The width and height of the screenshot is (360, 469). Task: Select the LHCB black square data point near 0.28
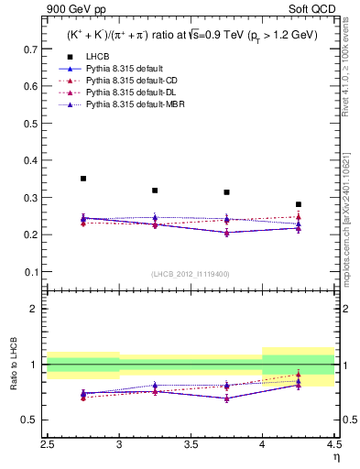[x=298, y=204]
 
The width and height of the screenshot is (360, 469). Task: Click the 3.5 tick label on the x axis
[x=191, y=445]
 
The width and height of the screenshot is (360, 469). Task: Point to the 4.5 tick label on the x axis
[x=333, y=445]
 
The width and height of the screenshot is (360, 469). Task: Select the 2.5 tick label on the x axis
[x=48, y=445]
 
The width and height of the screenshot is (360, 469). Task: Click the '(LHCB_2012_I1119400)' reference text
[x=191, y=274]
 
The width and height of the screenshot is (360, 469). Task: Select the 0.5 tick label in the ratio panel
[x=32, y=420]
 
